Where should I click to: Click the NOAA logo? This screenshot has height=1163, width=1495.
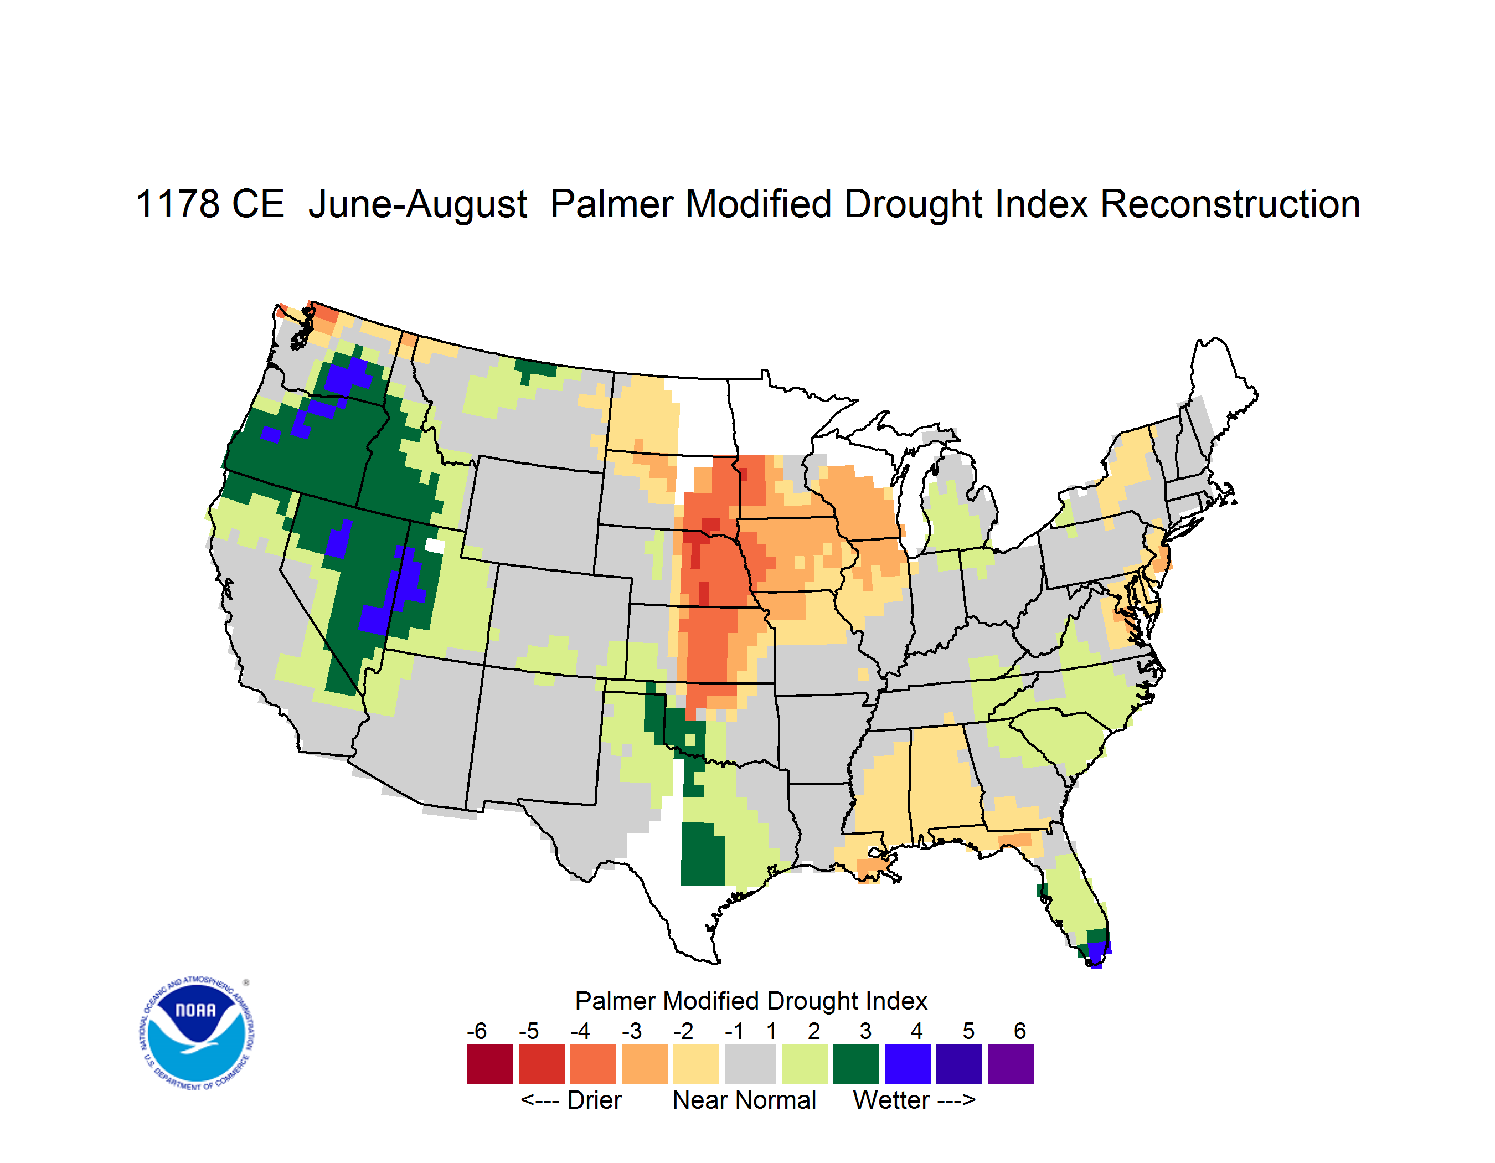click(197, 1033)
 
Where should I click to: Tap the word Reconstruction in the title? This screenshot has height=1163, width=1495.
click(1230, 204)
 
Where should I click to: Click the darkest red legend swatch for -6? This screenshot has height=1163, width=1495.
click(490, 1064)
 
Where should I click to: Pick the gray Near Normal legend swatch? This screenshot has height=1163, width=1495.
click(750, 1064)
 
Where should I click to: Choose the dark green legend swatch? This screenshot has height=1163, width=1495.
click(855, 1064)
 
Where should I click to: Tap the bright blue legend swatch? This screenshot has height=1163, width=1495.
click(908, 1064)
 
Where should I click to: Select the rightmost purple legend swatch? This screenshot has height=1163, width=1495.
click(1011, 1064)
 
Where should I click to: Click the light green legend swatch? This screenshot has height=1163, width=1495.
click(805, 1064)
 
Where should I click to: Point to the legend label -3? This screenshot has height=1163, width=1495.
click(632, 1031)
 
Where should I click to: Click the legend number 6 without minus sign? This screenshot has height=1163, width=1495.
click(1020, 1031)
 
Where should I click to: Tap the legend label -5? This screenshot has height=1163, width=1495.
click(528, 1031)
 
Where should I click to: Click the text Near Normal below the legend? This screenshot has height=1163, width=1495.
click(745, 1100)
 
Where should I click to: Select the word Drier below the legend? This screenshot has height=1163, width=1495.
click(594, 1100)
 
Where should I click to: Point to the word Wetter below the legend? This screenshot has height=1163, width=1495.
click(891, 1100)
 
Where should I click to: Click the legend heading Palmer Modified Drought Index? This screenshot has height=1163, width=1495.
click(751, 1001)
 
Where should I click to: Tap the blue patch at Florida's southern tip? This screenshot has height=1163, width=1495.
click(1098, 954)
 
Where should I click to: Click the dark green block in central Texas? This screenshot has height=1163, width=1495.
click(702, 853)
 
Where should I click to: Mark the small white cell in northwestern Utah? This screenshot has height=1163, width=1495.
click(435, 546)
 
